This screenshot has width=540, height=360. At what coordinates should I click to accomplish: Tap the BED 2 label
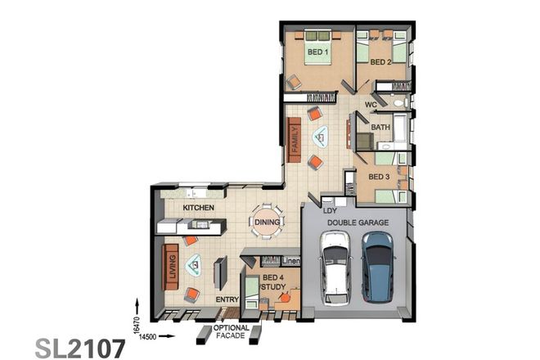pyautogui.click(x=380, y=62)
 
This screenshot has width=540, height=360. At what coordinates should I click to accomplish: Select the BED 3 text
pyautogui.click(x=379, y=177)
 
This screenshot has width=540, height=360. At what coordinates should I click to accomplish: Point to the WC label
pyautogui.click(x=371, y=106)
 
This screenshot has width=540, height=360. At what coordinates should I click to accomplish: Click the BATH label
pyautogui.click(x=380, y=128)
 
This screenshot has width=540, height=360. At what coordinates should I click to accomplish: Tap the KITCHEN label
pyautogui.click(x=198, y=209)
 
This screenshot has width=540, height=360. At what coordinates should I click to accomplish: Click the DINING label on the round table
pyautogui.click(x=268, y=223)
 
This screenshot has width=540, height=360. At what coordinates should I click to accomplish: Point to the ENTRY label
pyautogui.click(x=227, y=300)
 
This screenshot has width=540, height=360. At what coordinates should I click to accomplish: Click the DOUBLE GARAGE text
pyautogui.click(x=357, y=222)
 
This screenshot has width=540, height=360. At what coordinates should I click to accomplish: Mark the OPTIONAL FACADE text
pyautogui.click(x=231, y=331)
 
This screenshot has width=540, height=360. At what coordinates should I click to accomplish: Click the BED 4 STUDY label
pyautogui.click(x=272, y=283)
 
